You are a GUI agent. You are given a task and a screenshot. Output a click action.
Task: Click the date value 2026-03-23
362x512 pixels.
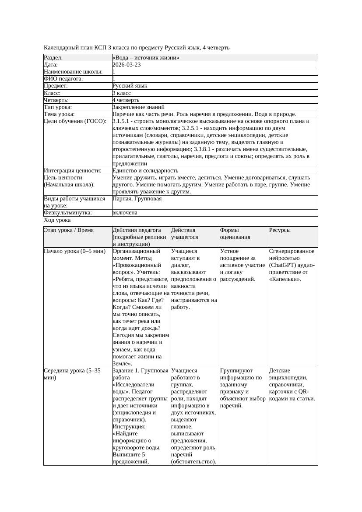point(127,65)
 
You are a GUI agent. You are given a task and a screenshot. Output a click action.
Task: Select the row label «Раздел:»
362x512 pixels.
point(53,58)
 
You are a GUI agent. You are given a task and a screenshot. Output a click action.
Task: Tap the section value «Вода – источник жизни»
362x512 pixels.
point(146,58)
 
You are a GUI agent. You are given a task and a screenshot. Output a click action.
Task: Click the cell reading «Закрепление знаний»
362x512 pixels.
point(138,107)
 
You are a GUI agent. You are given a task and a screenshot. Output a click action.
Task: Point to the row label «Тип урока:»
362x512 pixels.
point(58,107)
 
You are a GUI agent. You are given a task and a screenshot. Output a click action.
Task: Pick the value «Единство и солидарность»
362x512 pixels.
point(145,171)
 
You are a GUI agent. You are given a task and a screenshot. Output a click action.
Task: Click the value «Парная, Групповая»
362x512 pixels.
point(137,199)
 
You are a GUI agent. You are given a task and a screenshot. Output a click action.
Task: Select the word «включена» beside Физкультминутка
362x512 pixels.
point(125,213)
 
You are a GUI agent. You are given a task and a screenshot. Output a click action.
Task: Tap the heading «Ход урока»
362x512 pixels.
point(57,221)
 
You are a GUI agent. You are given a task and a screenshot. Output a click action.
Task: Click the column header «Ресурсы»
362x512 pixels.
point(280,230)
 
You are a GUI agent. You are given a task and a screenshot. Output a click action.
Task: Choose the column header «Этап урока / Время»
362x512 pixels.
point(69,230)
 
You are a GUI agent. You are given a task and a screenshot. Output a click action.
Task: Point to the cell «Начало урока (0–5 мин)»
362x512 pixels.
point(75,252)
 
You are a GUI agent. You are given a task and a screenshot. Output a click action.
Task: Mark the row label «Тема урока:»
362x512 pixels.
point(60,114)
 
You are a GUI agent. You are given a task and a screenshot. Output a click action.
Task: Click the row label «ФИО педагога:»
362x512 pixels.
point(64,79)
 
